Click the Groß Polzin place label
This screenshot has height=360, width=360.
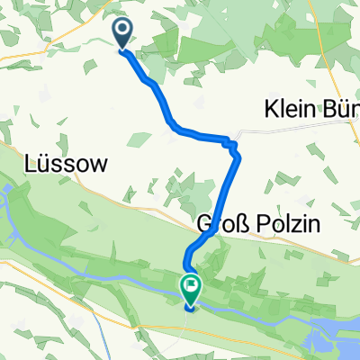tap(249, 224)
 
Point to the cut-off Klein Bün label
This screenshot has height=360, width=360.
tap(311, 109)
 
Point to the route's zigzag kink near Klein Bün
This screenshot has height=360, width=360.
tap(235, 148)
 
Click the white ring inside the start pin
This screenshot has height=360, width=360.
tap(122, 30)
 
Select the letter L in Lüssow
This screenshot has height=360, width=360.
tap(33, 165)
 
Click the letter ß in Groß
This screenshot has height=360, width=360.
tap(235, 224)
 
